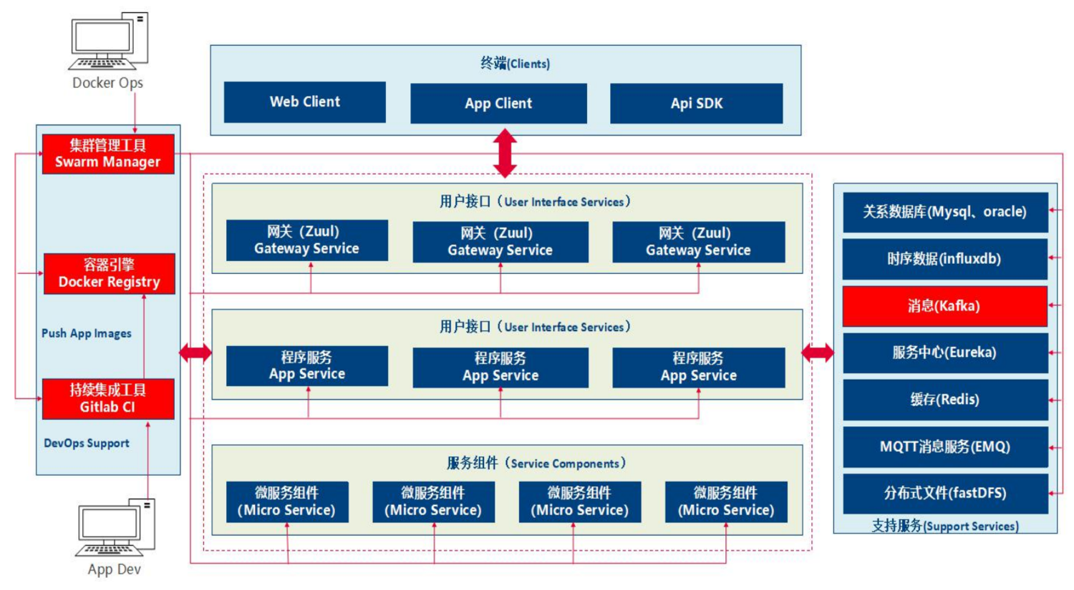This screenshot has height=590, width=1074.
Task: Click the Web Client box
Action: point(304,102)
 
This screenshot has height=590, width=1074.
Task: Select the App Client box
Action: point(498,104)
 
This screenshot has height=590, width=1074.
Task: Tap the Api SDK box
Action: point(696,104)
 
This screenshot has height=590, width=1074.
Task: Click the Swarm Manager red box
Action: point(108,154)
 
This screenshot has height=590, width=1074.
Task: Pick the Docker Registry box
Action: point(110,273)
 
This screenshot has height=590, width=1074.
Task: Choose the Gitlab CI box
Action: point(108,399)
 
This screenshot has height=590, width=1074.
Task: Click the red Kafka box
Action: point(945,306)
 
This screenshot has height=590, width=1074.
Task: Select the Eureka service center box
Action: point(945,353)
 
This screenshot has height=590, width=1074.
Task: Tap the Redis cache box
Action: point(945,400)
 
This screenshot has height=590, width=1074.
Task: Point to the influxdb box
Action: point(945,259)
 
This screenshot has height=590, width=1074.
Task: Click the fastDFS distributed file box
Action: point(945,493)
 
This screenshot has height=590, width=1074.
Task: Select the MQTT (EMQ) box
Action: point(945,447)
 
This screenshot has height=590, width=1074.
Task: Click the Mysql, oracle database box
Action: point(945,212)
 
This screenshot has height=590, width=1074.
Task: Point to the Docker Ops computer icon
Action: point(108,41)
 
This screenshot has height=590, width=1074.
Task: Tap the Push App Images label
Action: point(87,333)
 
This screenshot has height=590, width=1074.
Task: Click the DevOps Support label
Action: point(87,443)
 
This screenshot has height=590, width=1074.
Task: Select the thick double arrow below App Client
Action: point(505,153)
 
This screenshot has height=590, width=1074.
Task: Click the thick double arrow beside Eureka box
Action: point(818,353)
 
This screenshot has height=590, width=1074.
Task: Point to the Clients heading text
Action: point(515,63)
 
